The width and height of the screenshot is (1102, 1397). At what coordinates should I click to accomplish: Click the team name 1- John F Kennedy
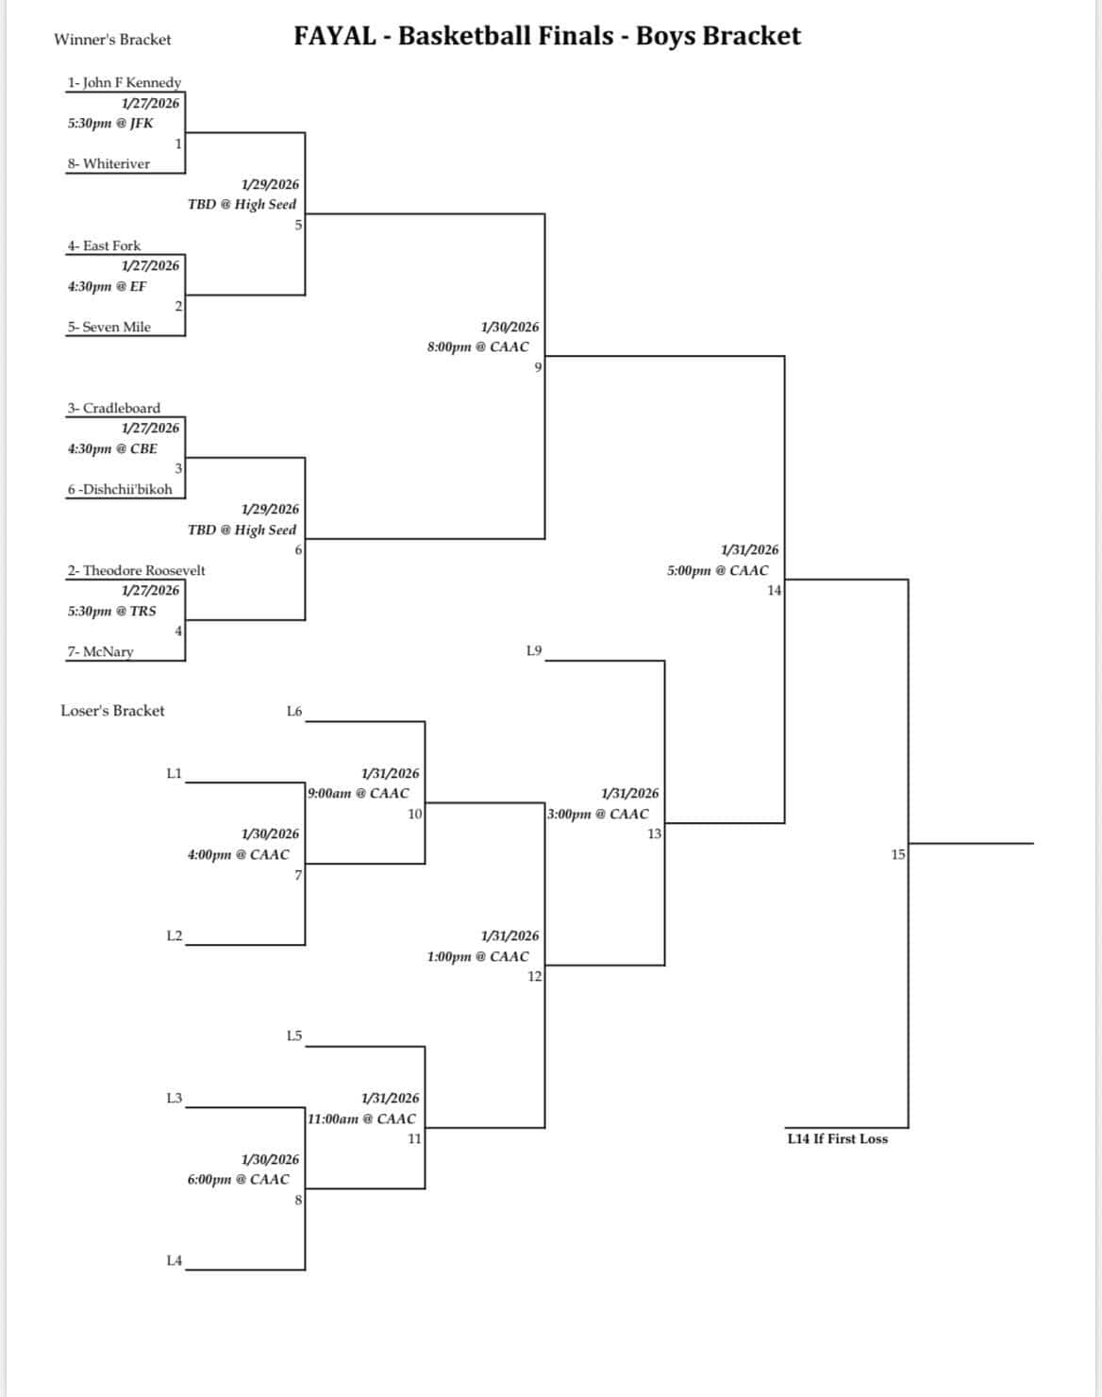123,82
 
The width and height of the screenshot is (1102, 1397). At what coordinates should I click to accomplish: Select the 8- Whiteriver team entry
108,163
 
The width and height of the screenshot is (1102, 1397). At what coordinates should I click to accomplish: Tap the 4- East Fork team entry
103,245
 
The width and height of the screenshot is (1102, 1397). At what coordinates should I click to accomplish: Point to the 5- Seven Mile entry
109,327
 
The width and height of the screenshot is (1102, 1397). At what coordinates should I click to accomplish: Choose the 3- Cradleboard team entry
113,408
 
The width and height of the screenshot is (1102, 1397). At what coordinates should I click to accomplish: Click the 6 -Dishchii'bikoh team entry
119,489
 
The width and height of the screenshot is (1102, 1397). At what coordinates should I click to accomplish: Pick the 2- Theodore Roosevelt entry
136,570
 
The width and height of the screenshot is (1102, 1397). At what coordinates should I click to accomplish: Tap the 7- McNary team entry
100,651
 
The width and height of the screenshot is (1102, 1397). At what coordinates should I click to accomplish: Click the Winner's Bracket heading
112,40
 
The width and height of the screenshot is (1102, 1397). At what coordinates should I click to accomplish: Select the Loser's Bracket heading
112,711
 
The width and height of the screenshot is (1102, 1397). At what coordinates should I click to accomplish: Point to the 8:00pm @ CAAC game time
477,346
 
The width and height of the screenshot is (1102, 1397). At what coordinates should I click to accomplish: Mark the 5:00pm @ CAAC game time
717,570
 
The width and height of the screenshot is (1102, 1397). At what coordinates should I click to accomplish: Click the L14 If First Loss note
837,1138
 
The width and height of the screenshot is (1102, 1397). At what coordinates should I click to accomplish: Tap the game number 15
898,854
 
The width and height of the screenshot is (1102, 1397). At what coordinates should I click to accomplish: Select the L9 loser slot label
534,650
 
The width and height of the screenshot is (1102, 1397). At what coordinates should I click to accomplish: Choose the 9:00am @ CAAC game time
359,793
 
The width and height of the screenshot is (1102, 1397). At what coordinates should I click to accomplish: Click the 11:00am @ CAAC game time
361,1119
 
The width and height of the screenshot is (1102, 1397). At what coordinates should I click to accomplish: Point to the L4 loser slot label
174,1260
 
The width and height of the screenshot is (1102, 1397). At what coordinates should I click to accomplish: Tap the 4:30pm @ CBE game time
112,448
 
